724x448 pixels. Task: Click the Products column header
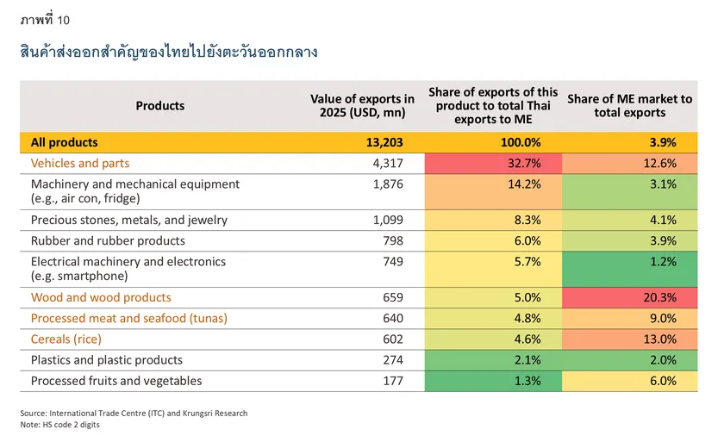coord(160,106)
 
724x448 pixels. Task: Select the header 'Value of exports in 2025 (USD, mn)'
coord(362,106)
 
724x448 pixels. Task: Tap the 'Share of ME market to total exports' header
coord(629,106)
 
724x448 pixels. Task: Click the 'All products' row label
coord(65,143)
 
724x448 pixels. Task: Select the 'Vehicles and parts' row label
coord(80,164)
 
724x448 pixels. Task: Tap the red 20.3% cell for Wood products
coord(629,298)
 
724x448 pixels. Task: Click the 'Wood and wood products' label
coord(101,298)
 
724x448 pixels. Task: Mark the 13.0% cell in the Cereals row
coord(629,339)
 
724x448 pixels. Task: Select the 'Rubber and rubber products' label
coord(108,241)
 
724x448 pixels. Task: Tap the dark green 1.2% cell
coord(629,268)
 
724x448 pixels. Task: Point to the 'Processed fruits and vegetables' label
coord(116,381)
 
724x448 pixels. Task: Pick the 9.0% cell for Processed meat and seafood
coord(629,319)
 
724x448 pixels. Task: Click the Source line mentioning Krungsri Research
coord(134,414)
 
